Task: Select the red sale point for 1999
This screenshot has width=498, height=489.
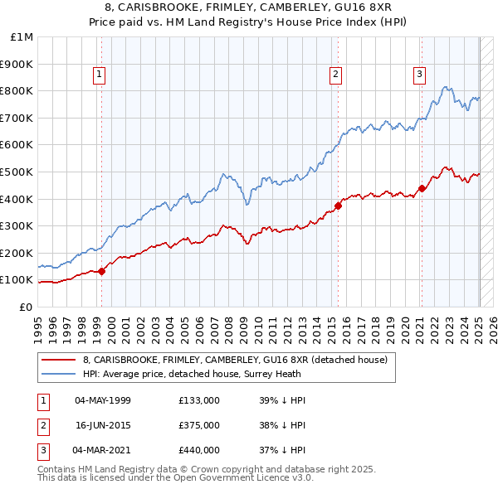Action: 102,271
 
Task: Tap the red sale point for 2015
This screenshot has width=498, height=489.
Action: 339,206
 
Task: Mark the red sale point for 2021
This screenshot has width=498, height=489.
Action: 422,188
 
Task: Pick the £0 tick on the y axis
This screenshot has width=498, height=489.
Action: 27,307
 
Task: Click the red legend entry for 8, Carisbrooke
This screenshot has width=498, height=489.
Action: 235,360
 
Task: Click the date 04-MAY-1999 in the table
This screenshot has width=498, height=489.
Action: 103,400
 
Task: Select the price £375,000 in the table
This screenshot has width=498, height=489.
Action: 199,425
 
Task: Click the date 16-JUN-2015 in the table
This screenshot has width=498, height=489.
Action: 103,425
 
